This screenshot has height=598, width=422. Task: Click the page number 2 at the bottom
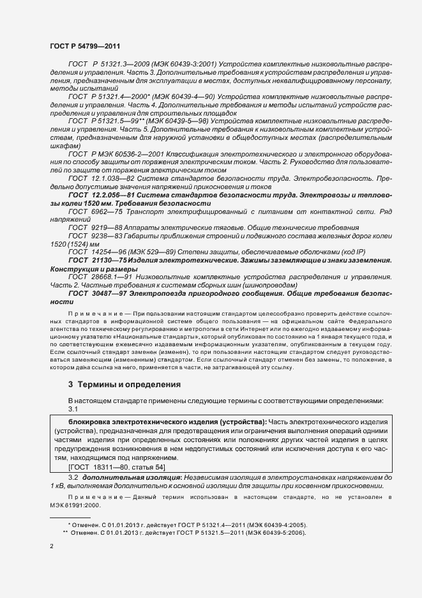click(52, 546)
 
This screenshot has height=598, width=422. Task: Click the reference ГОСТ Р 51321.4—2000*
click(106, 96)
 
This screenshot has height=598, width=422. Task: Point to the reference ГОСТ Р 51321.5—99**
click(106, 120)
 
